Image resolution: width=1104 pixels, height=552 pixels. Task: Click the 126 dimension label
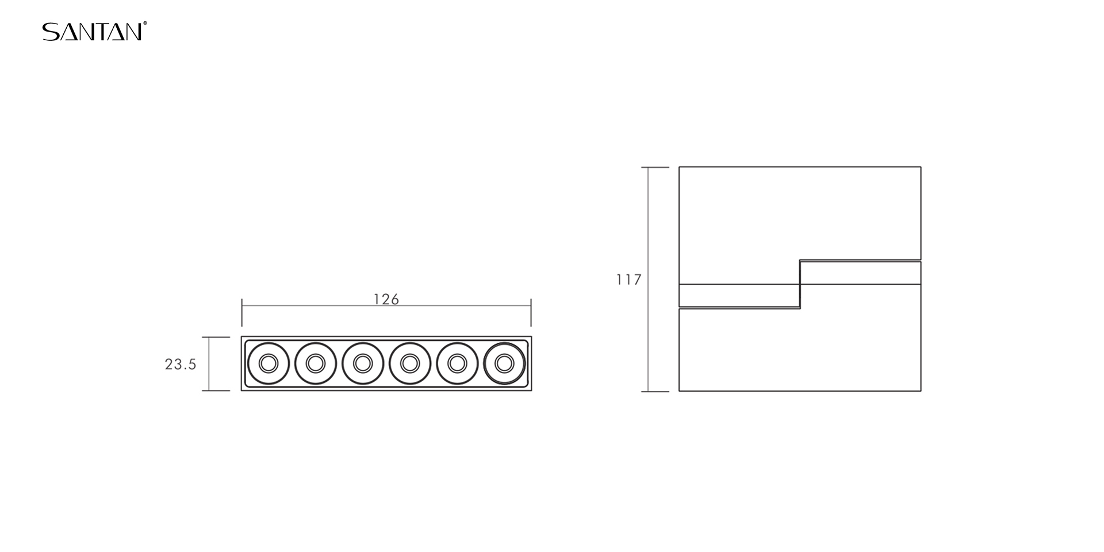coord(386,299)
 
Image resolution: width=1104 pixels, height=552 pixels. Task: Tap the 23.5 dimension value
coord(181,364)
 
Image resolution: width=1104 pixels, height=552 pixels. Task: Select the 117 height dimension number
coord(628,280)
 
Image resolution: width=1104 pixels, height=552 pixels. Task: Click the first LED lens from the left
coord(268,363)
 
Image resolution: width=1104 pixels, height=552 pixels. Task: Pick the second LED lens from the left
coord(315,363)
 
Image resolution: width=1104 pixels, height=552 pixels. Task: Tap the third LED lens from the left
coord(362,363)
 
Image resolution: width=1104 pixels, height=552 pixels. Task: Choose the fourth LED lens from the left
coord(409,363)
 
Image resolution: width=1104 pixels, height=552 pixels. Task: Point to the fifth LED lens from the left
coord(457,363)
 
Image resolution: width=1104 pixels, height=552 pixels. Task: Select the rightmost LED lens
coord(504,363)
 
